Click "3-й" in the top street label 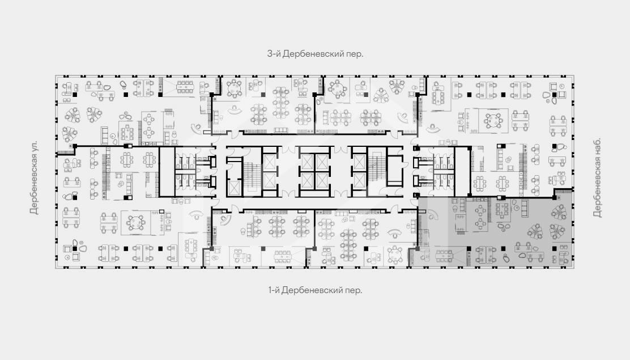tap(274, 53)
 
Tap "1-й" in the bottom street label tap(274, 290)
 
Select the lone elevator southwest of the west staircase tap(233, 187)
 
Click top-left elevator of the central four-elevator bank tap(307, 162)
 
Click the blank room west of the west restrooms tap(167, 172)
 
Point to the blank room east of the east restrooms tap(462, 171)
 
